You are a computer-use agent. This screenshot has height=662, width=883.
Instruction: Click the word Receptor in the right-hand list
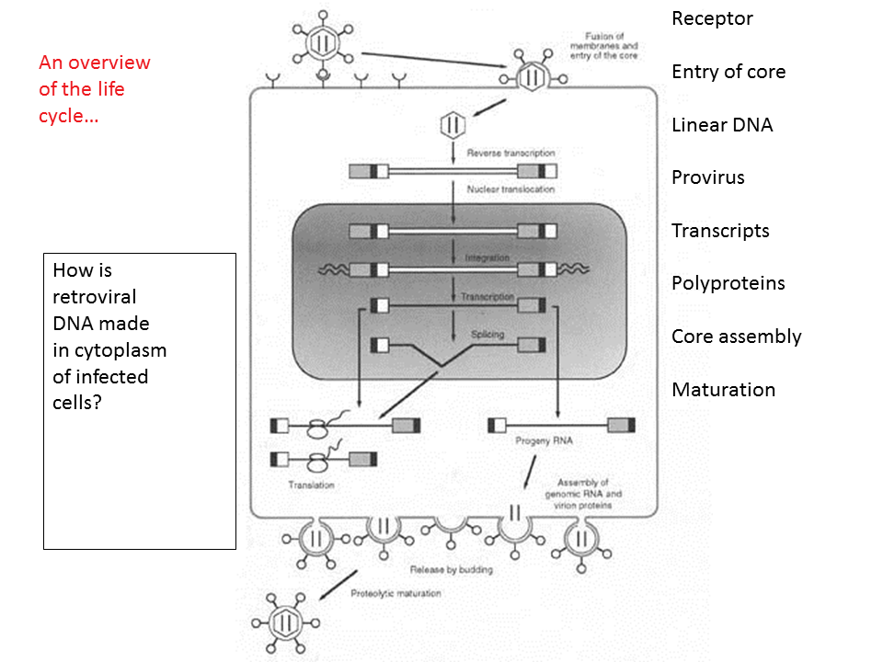coord(712,18)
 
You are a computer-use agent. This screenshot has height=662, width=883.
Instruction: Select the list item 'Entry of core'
coord(728,72)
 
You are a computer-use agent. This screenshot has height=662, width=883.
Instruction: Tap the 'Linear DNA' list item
coord(722,125)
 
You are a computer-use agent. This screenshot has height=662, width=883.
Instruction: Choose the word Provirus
coord(707,177)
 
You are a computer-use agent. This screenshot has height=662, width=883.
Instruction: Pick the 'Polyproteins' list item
coord(728,283)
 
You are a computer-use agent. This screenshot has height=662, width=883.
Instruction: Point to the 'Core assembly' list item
coord(736,337)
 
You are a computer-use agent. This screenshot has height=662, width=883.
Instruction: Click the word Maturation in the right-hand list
coord(723,390)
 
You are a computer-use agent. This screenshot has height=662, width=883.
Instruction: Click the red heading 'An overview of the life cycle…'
coord(94,90)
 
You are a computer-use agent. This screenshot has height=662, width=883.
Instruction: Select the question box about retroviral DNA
coord(140,401)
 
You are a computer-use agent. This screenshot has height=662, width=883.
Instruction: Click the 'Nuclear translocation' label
coord(510,189)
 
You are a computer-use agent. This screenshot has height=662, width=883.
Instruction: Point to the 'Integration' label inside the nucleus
coord(487,258)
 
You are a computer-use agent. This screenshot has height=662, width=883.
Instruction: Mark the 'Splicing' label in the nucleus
coord(487,335)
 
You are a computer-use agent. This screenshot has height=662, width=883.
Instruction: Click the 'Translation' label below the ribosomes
coord(311,485)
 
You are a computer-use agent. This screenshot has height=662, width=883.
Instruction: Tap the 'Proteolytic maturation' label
coord(396,593)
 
